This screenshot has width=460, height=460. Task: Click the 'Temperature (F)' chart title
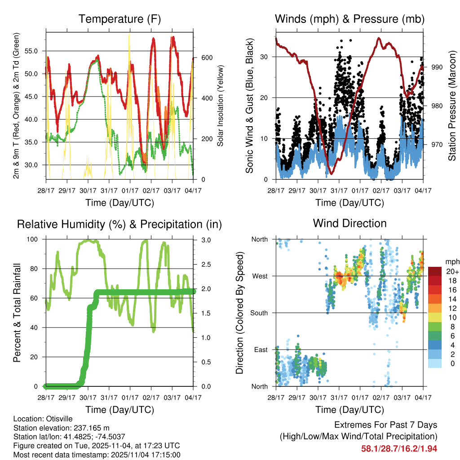click(x=119, y=19)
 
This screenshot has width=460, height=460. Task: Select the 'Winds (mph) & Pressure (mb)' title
click(x=349, y=19)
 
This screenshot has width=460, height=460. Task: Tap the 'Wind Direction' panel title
click(x=349, y=223)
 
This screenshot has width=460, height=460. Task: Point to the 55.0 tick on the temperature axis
click(x=33, y=51)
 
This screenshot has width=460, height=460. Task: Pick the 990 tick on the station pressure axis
click(x=438, y=67)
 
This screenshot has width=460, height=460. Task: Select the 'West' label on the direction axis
click(x=260, y=276)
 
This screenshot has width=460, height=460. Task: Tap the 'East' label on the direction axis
click(x=260, y=350)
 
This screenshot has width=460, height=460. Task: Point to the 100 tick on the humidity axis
click(x=33, y=240)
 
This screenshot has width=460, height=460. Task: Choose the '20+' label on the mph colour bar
click(x=452, y=271)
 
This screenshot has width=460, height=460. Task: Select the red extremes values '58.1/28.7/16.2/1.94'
click(x=399, y=448)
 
